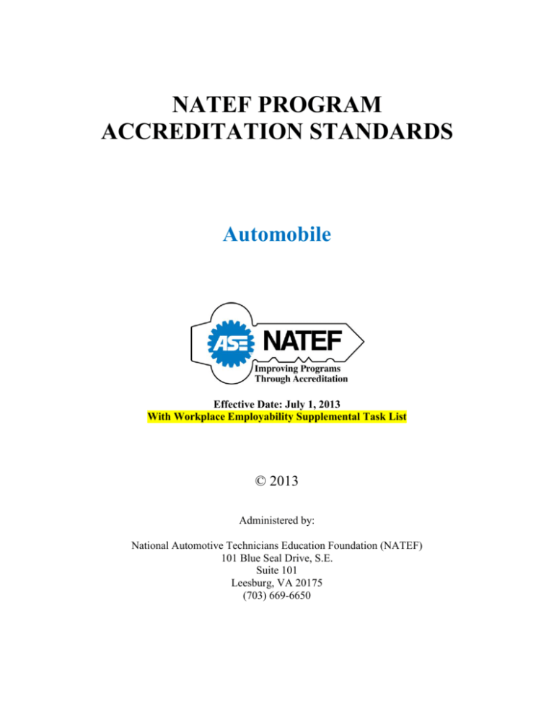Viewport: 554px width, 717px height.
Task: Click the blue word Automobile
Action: [x=277, y=234]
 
